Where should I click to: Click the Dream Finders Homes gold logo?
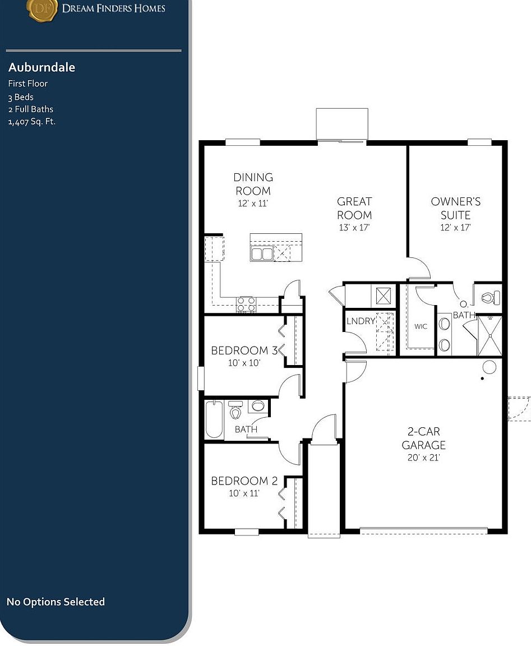pyautogui.click(x=43, y=10)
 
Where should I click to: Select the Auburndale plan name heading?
pyautogui.click(x=41, y=67)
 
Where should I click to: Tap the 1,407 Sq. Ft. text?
pyautogui.click(x=32, y=122)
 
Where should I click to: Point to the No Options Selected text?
pyautogui.click(x=56, y=602)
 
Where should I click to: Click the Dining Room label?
pyautogui.click(x=253, y=184)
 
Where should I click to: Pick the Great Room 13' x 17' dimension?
pyautogui.click(x=354, y=228)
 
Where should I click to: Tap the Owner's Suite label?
pyautogui.click(x=455, y=208)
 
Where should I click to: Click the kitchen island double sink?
pyautogui.click(x=261, y=253)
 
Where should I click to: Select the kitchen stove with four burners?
pyautogui.click(x=246, y=304)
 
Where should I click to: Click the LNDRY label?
pyautogui.click(x=361, y=321)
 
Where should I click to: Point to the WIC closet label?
pyautogui.click(x=421, y=326)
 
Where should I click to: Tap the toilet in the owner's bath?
pyautogui.click(x=491, y=297)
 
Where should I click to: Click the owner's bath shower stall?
pyautogui.click(x=490, y=336)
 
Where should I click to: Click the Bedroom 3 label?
pyautogui.click(x=244, y=350)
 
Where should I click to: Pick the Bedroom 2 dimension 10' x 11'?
pyautogui.click(x=244, y=493)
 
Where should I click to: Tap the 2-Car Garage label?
pyautogui.click(x=423, y=439)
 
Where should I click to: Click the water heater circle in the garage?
pyautogui.click(x=489, y=367)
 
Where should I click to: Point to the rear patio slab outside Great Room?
pyautogui.click(x=342, y=123)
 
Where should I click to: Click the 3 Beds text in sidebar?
pyautogui.click(x=21, y=97)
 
